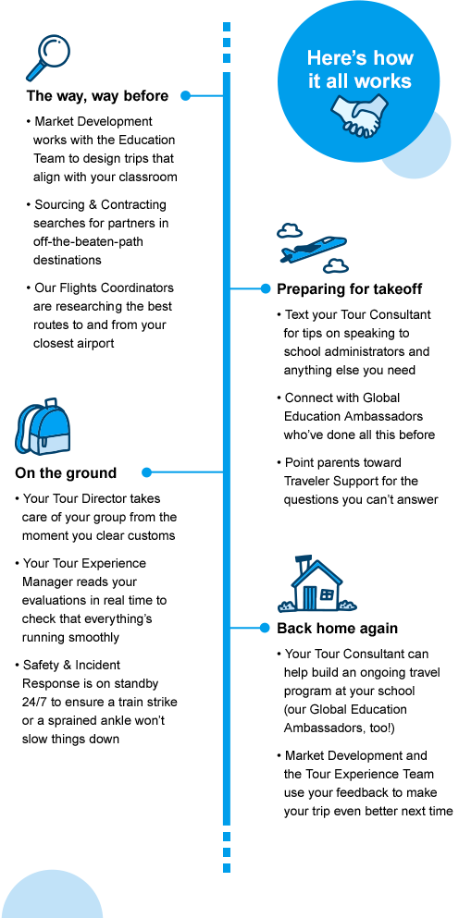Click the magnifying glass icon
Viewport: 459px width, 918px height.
[x=48, y=57]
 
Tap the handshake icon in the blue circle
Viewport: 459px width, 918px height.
[x=359, y=116]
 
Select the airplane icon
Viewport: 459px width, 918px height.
[x=313, y=248]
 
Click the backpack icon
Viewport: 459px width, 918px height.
[x=43, y=427]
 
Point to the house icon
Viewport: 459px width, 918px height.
[x=316, y=584]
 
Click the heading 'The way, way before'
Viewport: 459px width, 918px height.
[x=97, y=96]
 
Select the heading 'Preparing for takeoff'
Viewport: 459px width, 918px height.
[x=350, y=289]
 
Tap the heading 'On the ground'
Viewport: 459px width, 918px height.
[x=66, y=473]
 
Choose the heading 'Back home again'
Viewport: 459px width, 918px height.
[x=337, y=629]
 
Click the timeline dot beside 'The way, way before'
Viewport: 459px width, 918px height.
[x=186, y=95]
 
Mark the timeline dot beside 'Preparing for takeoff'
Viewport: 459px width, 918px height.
[x=266, y=288]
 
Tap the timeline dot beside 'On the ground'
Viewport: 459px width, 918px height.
[x=146, y=472]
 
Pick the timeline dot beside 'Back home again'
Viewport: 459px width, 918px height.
[x=266, y=629]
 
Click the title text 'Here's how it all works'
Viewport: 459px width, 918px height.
[x=360, y=69]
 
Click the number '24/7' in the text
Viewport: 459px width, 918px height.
[x=36, y=702]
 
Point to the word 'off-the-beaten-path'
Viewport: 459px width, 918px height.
[x=88, y=241]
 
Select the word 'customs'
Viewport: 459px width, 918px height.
[x=153, y=536]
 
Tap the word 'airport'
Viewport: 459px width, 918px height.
[x=93, y=344]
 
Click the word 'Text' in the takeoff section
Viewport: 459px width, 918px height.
[x=297, y=315]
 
